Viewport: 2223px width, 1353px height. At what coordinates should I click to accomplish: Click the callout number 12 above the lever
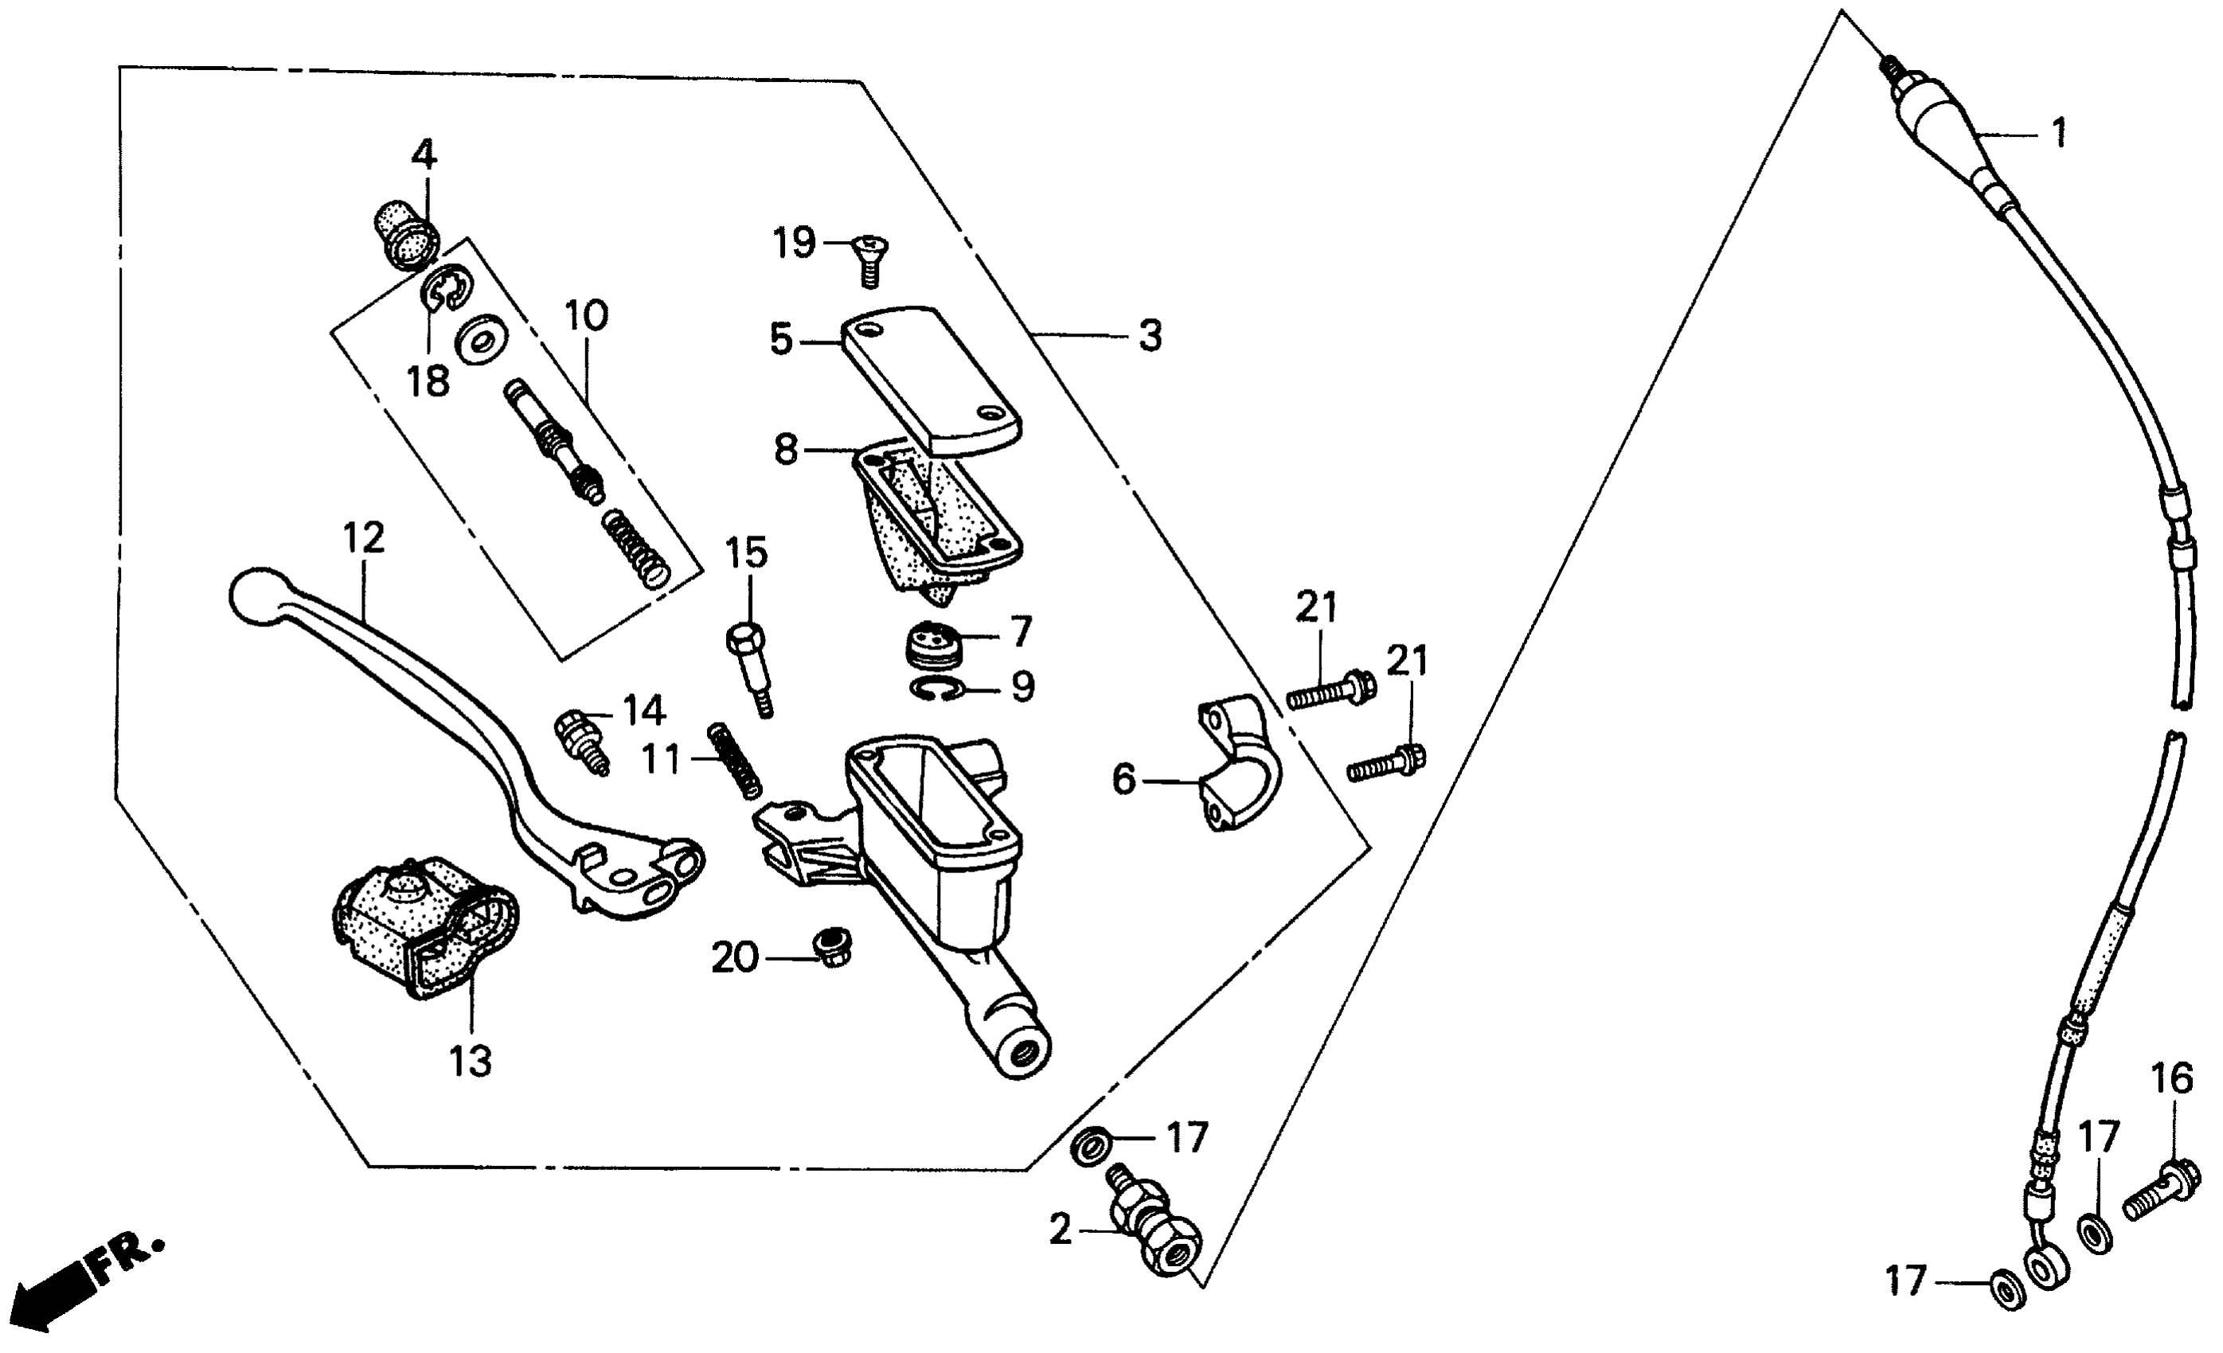click(364, 539)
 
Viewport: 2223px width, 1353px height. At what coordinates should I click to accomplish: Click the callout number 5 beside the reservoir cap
click(781, 340)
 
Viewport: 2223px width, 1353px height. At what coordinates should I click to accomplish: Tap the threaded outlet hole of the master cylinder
click(1025, 1050)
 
